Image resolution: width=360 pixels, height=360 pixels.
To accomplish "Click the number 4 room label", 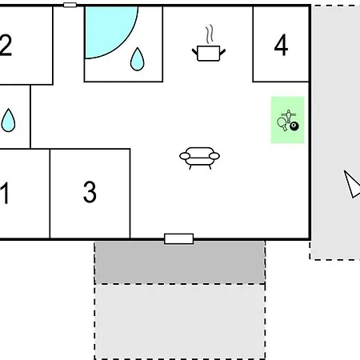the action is click(281, 45).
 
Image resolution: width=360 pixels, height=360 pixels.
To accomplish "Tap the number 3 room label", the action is click(90, 191).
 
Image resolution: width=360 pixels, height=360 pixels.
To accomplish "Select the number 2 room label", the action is click(6, 45).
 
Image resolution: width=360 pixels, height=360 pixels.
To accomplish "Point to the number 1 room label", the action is click(5, 193).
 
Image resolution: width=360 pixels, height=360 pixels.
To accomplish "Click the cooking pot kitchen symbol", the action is click(209, 53).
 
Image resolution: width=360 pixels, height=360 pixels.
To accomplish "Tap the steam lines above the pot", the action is click(210, 34).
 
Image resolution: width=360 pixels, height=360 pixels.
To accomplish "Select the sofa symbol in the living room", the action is click(200, 158).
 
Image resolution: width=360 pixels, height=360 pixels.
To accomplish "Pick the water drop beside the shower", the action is click(138, 59).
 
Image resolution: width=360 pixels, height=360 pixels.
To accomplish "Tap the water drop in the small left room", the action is click(8, 120).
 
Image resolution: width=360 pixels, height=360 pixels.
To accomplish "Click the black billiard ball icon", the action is click(294, 126).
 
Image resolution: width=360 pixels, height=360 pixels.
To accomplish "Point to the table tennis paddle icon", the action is click(282, 124).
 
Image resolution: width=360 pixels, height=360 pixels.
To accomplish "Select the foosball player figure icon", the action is click(289, 116).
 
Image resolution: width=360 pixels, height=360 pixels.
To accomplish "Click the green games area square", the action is click(288, 120).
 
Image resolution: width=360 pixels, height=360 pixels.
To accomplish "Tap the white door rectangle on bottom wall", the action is click(179, 238).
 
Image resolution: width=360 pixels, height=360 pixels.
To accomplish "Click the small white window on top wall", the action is click(70, 5).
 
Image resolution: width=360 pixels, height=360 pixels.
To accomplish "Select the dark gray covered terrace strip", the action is click(180, 262).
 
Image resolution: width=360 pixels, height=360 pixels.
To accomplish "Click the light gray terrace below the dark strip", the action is click(180, 322).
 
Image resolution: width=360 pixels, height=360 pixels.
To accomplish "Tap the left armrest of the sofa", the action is click(185, 156).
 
